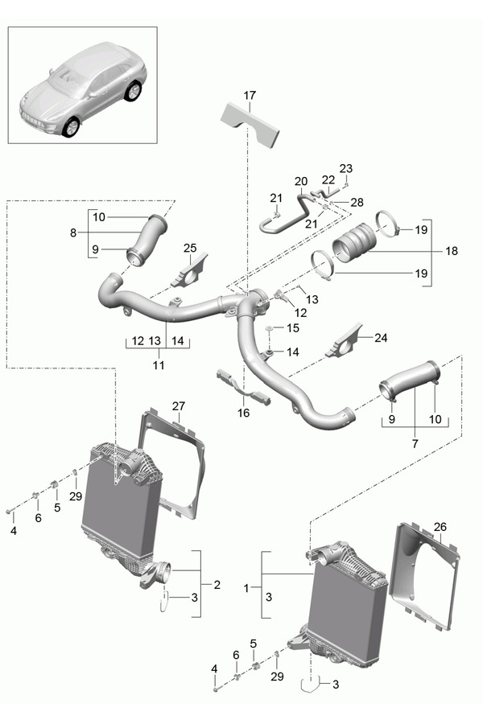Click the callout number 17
[250, 96]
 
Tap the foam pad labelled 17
[250, 125]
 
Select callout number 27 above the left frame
[179, 406]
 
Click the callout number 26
[440, 527]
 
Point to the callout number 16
[244, 413]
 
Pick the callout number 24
[381, 338]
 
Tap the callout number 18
[452, 251]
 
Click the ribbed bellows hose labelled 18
[354, 242]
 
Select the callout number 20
[301, 182]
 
